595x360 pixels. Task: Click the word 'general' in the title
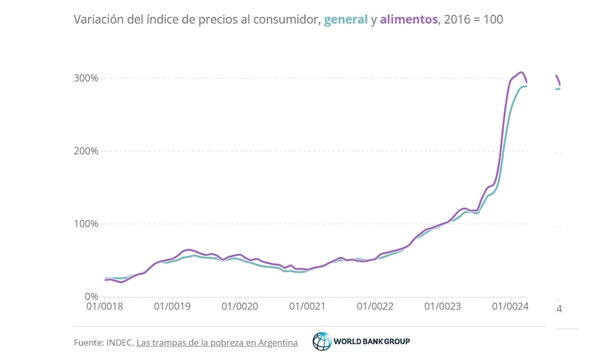[x=345, y=20]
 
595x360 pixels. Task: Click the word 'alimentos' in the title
[x=409, y=20]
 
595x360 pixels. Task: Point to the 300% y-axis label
[x=85, y=79]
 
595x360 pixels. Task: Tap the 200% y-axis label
[x=85, y=151]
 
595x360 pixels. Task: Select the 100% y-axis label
[x=85, y=224]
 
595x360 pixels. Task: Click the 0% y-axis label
[x=89, y=297]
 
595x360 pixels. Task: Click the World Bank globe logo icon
[x=322, y=342]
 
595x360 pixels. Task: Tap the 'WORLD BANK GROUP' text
[x=371, y=342]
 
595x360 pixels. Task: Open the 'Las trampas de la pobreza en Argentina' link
[x=217, y=343]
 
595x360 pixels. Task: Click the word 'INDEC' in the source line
[x=120, y=343]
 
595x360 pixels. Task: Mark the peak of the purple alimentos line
[x=521, y=72]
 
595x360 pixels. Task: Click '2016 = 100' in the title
[x=473, y=20]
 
